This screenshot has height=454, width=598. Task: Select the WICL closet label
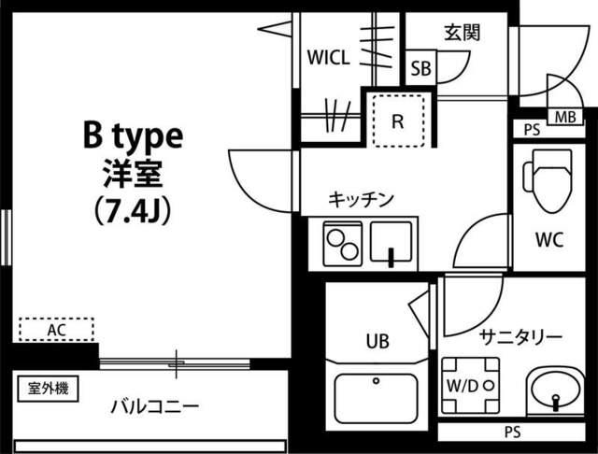pyautogui.click(x=328, y=58)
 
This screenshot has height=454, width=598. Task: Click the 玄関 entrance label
pyautogui.click(x=461, y=34)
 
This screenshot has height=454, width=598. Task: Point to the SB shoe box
pyautogui.click(x=420, y=69)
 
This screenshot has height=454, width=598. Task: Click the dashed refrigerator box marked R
pyautogui.click(x=397, y=120)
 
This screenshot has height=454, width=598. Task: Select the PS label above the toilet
pyautogui.click(x=532, y=130)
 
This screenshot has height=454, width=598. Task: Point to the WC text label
pyautogui.click(x=548, y=239)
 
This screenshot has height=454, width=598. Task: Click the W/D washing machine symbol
pyautogui.click(x=467, y=385)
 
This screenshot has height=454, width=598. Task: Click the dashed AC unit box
pyautogui.click(x=56, y=329)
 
